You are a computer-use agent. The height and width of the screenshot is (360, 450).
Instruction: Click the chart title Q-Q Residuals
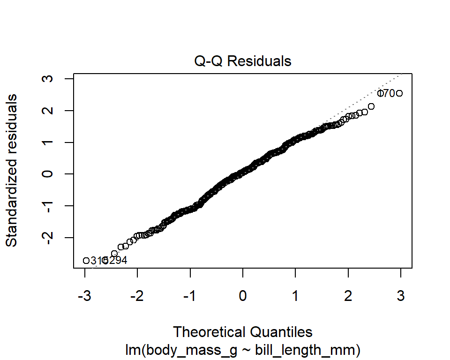(243, 61)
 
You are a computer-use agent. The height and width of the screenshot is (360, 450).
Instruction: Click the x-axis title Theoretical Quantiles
(243, 332)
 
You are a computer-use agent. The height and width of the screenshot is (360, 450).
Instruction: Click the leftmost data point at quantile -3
(86, 261)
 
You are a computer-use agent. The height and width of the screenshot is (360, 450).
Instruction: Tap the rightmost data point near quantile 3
(399, 93)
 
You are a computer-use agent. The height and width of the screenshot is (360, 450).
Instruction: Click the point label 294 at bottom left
(118, 261)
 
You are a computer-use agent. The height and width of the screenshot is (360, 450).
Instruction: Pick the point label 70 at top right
(388, 94)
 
